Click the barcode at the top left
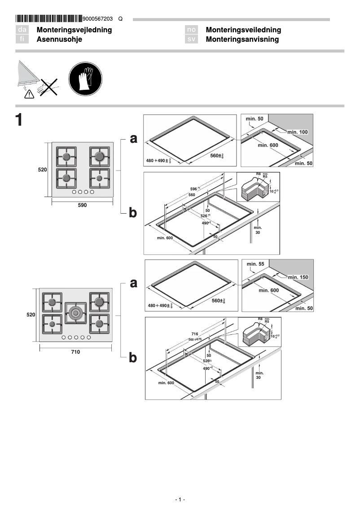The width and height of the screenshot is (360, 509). [x=48, y=19]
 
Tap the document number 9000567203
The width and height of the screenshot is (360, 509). [x=98, y=19]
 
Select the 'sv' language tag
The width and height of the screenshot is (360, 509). [x=192, y=39]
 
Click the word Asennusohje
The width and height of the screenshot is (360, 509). [x=59, y=39]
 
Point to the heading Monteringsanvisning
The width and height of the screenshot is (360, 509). [x=242, y=39]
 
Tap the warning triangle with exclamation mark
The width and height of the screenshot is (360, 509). [x=29, y=93]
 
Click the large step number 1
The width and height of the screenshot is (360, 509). [x=19, y=120]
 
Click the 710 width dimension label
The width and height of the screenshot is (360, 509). [x=75, y=352]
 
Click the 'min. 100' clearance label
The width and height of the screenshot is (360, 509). [x=298, y=132]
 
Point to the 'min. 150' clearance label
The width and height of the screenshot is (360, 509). [x=298, y=277]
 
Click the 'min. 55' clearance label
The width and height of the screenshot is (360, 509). [x=255, y=264]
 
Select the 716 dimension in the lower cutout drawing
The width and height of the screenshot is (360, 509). [x=195, y=334]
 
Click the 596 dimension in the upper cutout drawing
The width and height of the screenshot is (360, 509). [x=194, y=189]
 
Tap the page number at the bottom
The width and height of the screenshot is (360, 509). [x=180, y=500]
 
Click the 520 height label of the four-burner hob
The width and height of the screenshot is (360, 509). [x=42, y=170]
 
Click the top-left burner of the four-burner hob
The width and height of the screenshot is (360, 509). [x=66, y=157]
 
